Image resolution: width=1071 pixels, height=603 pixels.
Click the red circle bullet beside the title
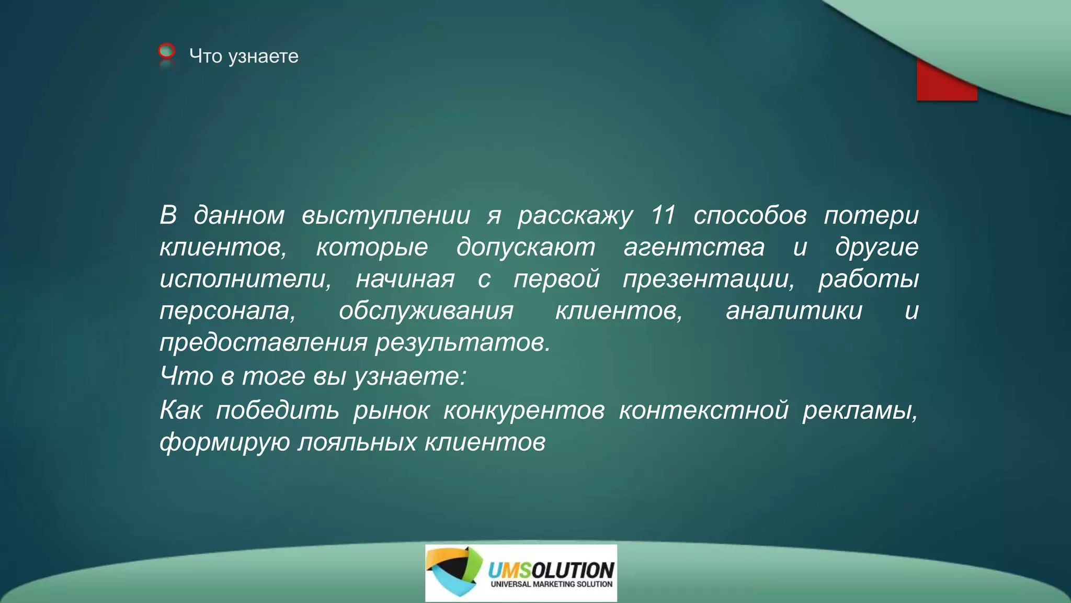166,51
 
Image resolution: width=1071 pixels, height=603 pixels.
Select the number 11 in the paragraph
663,215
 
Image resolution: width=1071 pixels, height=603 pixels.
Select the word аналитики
794,311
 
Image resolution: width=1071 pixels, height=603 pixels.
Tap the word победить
278,410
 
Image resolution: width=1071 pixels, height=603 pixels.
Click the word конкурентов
524,410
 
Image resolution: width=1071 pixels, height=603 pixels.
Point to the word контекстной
704,410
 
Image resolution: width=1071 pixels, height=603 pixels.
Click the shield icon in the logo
453,572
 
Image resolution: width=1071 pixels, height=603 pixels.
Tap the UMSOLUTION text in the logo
551,569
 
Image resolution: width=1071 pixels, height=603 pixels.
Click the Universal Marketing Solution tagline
551,584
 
